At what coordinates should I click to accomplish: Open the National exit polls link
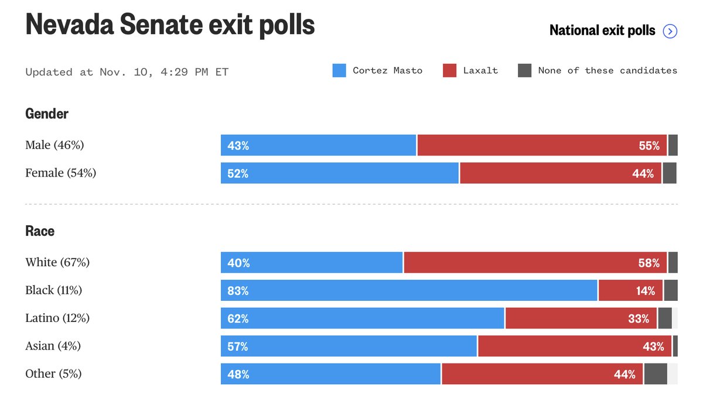coord(602,30)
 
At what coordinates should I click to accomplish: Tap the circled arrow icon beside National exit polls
coord(670,31)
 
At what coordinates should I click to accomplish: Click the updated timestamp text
coord(127,72)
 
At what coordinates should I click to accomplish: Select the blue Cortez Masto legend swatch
coord(339,71)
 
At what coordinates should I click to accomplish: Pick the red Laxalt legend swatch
coord(449,71)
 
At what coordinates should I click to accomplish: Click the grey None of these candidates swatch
coord(524,71)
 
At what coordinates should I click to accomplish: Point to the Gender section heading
coord(47,114)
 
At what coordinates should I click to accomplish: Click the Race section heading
coord(40,231)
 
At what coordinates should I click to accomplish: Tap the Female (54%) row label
coord(60,173)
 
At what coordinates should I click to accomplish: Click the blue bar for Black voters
coord(409,290)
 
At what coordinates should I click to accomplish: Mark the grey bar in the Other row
coord(656,374)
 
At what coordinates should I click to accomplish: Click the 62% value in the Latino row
coord(238,319)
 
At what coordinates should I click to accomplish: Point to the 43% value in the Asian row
coord(653,347)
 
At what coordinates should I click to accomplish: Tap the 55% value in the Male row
coord(649,146)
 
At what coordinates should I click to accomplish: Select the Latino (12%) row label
coord(57,318)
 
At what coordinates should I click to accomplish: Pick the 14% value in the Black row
coord(646,291)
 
